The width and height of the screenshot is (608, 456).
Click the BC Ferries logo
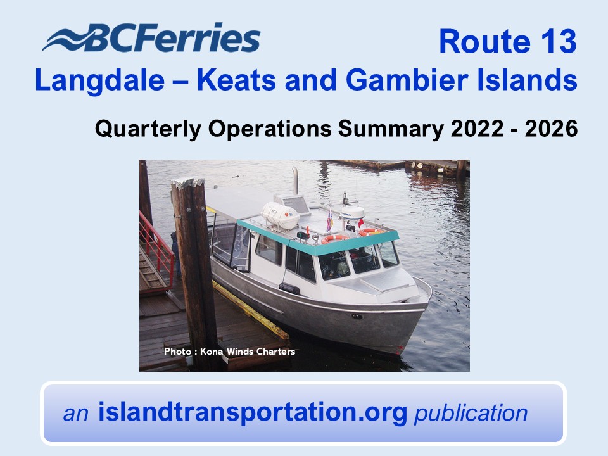[x=151, y=37]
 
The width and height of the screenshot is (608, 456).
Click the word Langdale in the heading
[x=99, y=80]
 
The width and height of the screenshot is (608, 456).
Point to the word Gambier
[x=407, y=80]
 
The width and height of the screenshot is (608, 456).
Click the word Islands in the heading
[x=527, y=80]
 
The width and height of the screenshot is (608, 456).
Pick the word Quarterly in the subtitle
[x=148, y=129]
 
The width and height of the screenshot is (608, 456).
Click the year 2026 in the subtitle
[x=552, y=129]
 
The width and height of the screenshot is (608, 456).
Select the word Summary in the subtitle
[x=391, y=129]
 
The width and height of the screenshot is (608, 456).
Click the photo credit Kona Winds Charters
[x=248, y=351]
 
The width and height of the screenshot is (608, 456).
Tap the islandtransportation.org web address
[x=253, y=412]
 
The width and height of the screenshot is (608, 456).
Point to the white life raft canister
[x=279, y=215]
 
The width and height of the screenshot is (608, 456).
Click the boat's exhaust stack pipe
[x=295, y=180]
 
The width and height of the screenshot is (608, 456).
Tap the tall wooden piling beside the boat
[x=194, y=272]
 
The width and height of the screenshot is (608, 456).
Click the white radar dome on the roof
[x=353, y=213]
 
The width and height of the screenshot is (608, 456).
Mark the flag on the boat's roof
[x=330, y=221]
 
